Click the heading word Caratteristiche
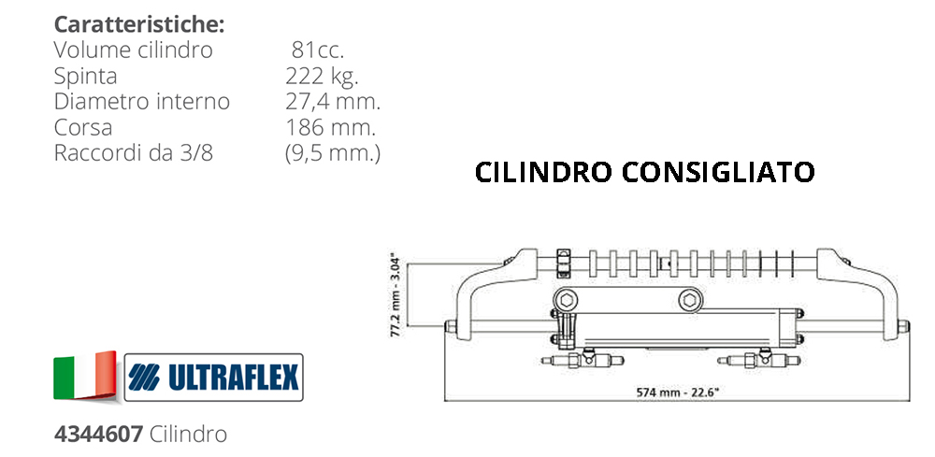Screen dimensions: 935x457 138,25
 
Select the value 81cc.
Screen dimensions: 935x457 318,50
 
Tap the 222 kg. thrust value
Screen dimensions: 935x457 322,77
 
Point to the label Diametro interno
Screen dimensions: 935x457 142,102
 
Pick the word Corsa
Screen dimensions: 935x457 83,128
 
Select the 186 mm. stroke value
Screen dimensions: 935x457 330,128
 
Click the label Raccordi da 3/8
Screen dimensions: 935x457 134,153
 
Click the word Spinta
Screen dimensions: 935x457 85,77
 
